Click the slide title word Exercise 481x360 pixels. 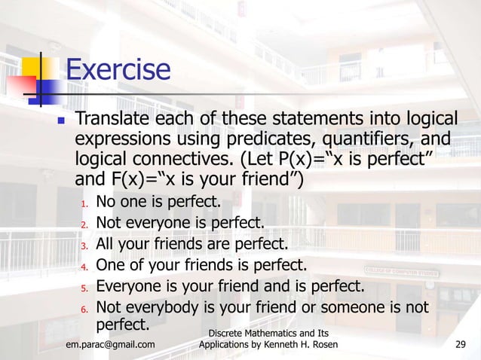point(118,71)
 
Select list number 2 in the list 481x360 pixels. point(84,224)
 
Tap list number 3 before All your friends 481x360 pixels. point(84,246)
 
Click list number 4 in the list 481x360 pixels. point(84,267)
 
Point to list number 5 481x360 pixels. point(84,288)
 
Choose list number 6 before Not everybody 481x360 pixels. point(84,309)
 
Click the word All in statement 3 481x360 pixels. point(106,244)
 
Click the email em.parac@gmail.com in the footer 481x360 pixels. point(110,345)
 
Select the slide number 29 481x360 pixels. point(462,345)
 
